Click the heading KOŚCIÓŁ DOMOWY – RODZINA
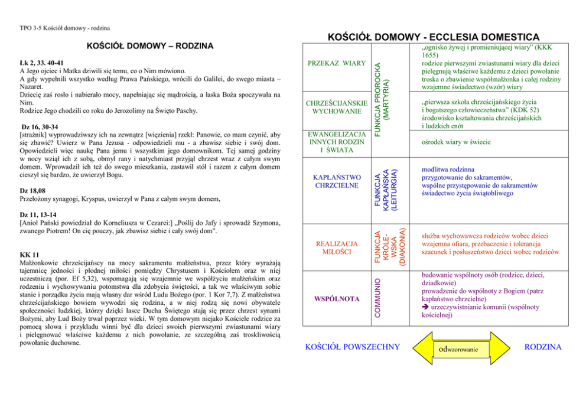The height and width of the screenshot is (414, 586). tap(149, 46)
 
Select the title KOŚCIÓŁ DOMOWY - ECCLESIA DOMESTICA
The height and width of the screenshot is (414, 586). tap(433, 37)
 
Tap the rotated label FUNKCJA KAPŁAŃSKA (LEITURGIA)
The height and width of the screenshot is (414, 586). tap(387, 189)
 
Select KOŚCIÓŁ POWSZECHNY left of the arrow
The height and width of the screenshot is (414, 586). tap(352, 347)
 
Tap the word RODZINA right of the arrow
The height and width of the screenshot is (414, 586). tap(543, 347)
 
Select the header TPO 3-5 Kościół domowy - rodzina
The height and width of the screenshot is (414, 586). tap(64, 28)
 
